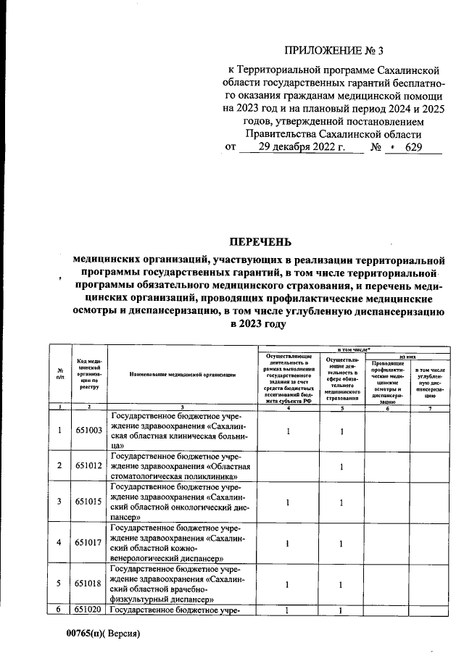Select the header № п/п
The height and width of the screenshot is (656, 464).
pos(60,374)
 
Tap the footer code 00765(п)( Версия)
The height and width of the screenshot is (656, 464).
pos(102,634)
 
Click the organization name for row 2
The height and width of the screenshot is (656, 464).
pos(182,465)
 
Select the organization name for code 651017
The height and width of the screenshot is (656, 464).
pos(182,542)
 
